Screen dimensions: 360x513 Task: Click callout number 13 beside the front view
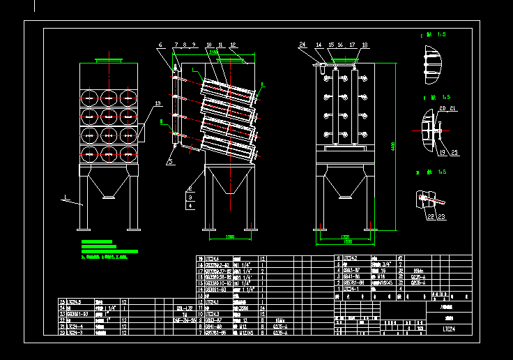(158, 103)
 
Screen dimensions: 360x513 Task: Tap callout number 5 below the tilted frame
(169, 161)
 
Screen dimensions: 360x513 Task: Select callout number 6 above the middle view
(160, 45)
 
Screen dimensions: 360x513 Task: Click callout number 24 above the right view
(303, 45)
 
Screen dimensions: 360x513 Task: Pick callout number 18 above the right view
(364, 45)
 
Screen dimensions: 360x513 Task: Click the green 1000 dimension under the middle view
(229, 237)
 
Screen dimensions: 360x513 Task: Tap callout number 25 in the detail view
(454, 152)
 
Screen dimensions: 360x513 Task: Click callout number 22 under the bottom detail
(431, 217)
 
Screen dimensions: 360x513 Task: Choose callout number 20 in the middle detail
(442, 109)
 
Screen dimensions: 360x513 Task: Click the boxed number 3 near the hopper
(190, 198)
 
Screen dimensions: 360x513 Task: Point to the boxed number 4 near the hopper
(190, 206)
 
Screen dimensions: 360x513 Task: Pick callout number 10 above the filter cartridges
(208, 45)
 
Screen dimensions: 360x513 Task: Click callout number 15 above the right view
(331, 45)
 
